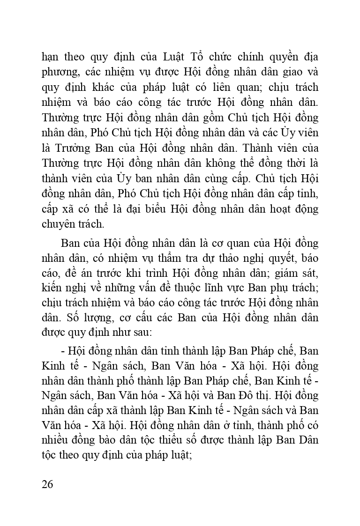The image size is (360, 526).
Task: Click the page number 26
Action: coord(47,483)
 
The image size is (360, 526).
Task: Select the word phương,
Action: coord(60,73)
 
